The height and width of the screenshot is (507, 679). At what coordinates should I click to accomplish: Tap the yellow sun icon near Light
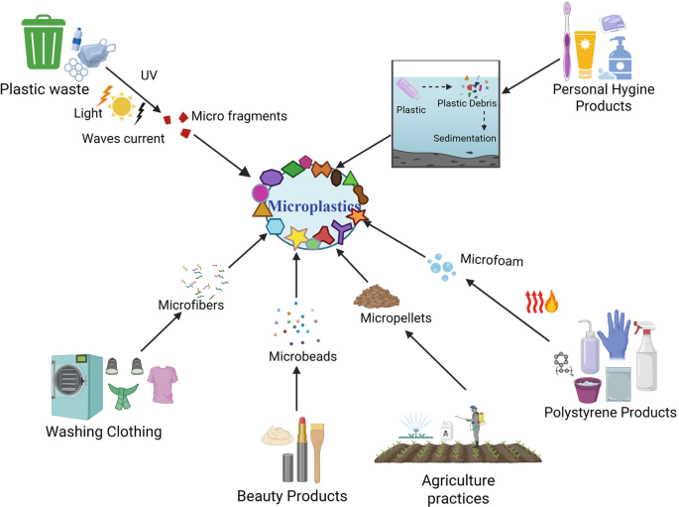(x=122, y=106)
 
